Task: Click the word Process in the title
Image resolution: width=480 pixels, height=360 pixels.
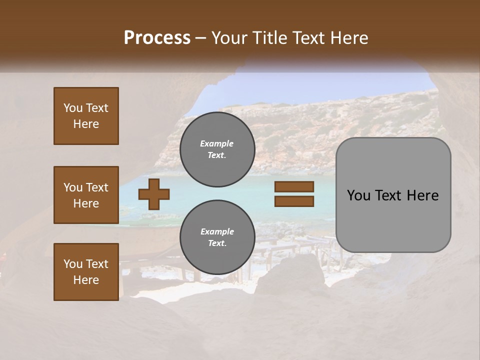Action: click(157, 38)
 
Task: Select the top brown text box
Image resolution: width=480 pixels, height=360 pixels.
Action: click(86, 116)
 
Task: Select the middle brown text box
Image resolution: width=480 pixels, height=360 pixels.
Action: click(86, 195)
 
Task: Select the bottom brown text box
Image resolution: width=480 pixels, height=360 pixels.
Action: click(86, 271)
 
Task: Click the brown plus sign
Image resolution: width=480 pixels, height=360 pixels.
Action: click(154, 194)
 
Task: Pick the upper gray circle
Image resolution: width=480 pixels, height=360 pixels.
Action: click(217, 149)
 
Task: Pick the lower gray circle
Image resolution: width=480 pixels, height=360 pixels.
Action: click(217, 237)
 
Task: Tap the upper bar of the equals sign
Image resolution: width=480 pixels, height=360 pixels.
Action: click(294, 186)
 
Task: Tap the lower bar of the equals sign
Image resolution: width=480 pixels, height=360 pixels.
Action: click(294, 201)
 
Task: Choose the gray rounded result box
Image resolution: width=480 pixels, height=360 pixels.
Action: click(393, 195)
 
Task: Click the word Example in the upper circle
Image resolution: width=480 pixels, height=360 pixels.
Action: click(217, 143)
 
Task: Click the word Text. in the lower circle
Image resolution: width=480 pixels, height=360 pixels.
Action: click(217, 243)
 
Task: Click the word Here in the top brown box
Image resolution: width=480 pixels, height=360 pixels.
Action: click(86, 124)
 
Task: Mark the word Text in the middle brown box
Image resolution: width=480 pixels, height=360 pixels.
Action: click(96, 187)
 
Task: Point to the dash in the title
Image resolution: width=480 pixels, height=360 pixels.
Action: click(201, 38)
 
